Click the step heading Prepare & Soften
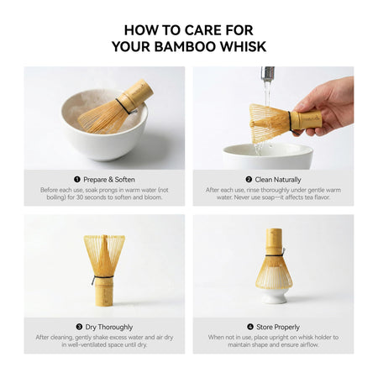pyautogui.click(x=108, y=179)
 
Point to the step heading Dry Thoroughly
pyautogui.click(x=108, y=326)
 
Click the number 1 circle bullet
pyautogui.click(x=76, y=179)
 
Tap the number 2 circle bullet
pyautogui.click(x=249, y=179)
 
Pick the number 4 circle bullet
pyautogui.click(x=249, y=326)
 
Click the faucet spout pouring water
pyautogui.click(x=267, y=74)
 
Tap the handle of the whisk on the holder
pyautogui.click(x=274, y=240)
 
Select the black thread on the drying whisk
pyautogui.click(x=103, y=278)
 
